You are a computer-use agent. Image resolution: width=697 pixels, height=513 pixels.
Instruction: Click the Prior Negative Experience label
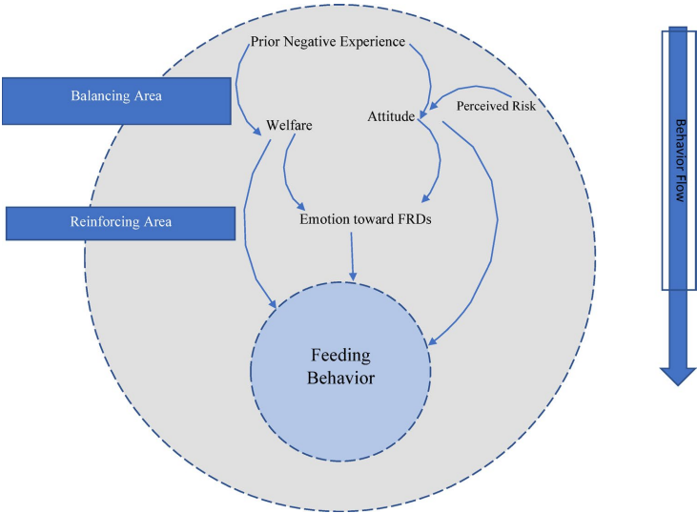(327, 42)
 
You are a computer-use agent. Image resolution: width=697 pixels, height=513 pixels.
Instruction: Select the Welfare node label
(289, 125)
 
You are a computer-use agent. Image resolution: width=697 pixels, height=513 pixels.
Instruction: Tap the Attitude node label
(391, 117)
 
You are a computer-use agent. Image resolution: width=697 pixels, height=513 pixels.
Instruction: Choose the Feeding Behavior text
(340, 366)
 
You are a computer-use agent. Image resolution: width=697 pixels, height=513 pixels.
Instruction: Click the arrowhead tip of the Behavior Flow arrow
(678, 383)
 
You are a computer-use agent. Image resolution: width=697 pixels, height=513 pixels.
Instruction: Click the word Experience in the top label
(372, 42)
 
